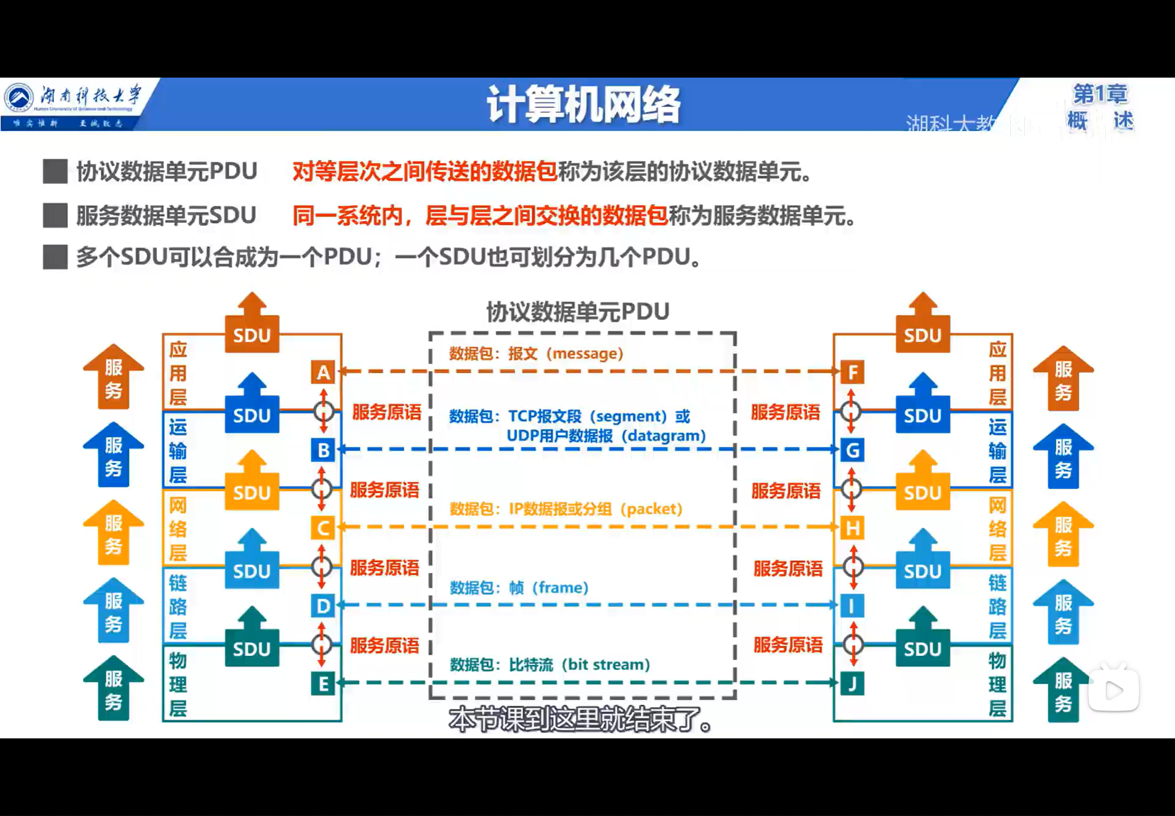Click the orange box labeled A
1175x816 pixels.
[x=323, y=372]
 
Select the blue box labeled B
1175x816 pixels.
[x=323, y=450]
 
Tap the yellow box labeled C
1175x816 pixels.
[x=323, y=527]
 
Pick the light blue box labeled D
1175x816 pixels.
[x=323, y=606]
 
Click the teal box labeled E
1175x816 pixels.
[x=323, y=684]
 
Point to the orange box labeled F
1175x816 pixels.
[x=852, y=372]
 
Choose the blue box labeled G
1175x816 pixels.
[x=852, y=450]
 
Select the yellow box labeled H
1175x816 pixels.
[x=852, y=527]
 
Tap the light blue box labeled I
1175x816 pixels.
[x=852, y=606]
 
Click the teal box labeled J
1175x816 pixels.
[x=852, y=684]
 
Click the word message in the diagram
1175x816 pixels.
[x=584, y=353]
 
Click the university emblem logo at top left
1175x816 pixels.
[x=19, y=97]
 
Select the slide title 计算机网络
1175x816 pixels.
[x=583, y=105]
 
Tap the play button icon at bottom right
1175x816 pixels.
[x=1114, y=691]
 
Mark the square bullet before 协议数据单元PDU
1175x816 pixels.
[x=55, y=171]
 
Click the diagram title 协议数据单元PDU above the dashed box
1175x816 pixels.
[x=578, y=311]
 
